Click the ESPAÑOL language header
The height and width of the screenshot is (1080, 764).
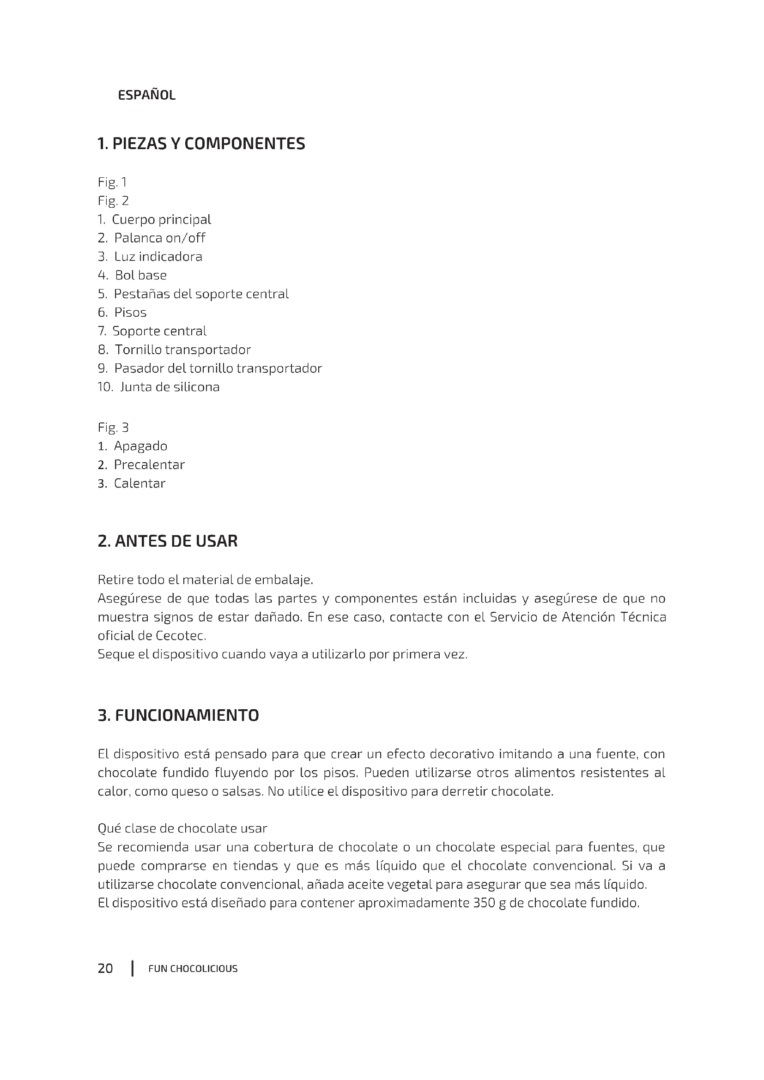click(146, 96)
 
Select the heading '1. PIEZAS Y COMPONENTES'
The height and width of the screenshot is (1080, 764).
click(201, 144)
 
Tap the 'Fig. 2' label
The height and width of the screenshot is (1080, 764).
click(113, 201)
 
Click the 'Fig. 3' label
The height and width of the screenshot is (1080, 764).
click(113, 427)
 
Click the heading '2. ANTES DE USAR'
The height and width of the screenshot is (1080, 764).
click(168, 541)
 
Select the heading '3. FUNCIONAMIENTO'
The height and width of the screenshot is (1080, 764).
click(178, 715)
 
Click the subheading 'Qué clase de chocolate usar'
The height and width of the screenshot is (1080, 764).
click(182, 828)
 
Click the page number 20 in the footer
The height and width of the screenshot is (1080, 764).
click(105, 968)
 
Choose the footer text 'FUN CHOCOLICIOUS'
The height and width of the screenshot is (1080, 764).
click(193, 969)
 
